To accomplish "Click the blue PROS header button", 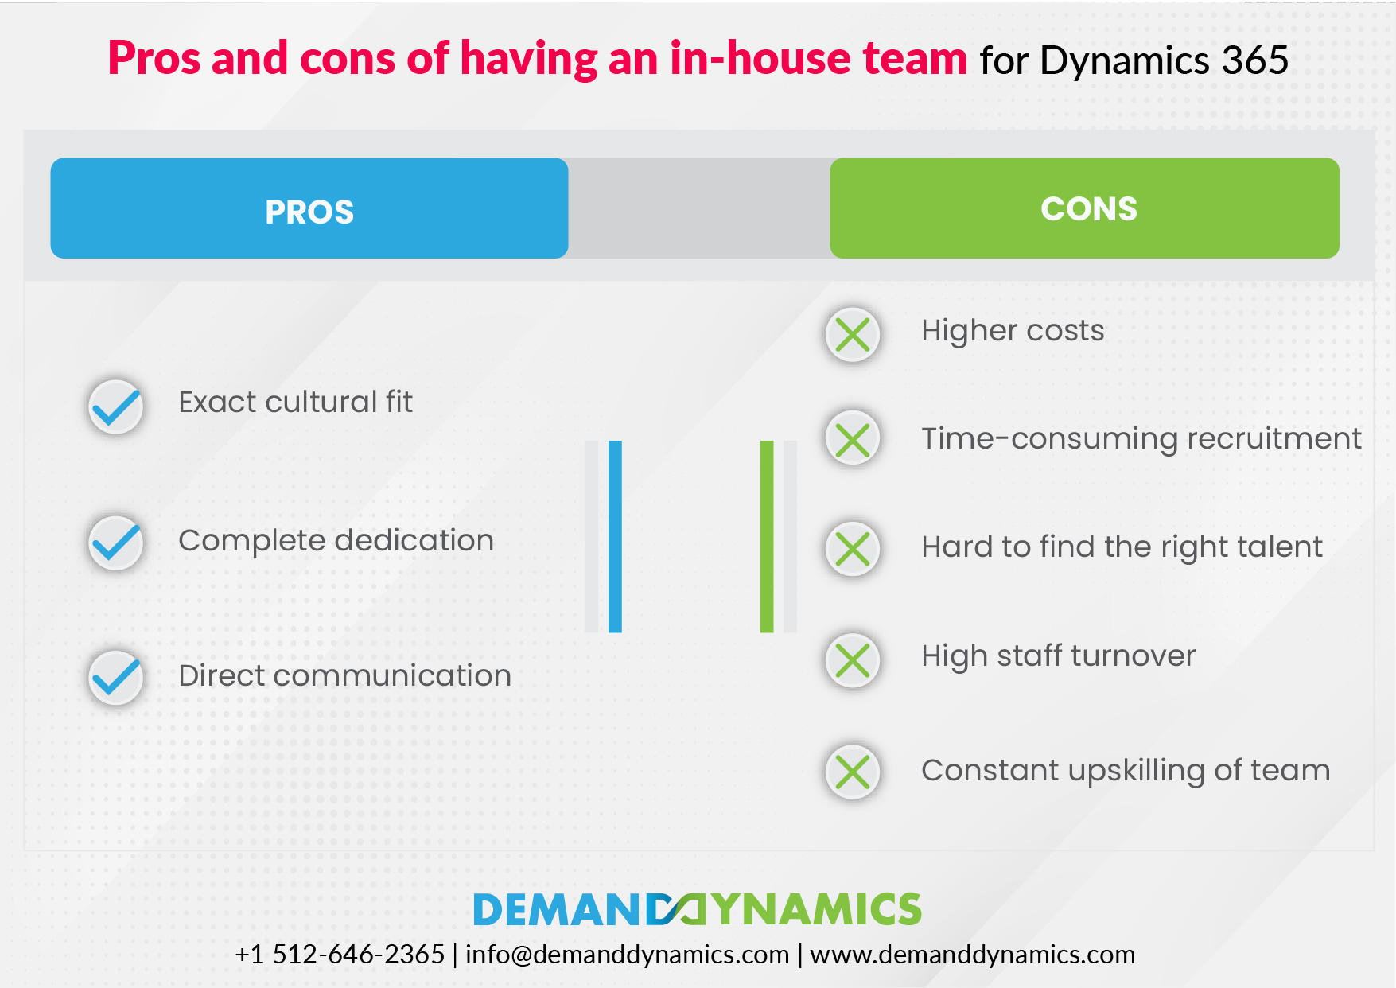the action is pyautogui.click(x=309, y=208).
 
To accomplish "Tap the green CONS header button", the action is pyautogui.click(x=1084, y=208).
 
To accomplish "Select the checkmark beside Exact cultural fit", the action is pyautogui.click(x=116, y=406).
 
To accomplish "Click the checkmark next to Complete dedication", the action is pyautogui.click(x=116, y=543).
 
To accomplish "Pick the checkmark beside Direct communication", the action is pyautogui.click(x=116, y=678).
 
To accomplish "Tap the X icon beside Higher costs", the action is pyautogui.click(x=853, y=335).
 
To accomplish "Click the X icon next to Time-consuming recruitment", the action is pyautogui.click(x=853, y=438).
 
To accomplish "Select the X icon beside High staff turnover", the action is pyautogui.click(x=853, y=660).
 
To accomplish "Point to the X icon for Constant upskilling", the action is pyautogui.click(x=853, y=772).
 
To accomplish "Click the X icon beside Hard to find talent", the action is pyautogui.click(x=853, y=549).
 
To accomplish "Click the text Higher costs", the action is pyautogui.click(x=1013, y=331).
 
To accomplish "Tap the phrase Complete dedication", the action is pyautogui.click(x=336, y=541).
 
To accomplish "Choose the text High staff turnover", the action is pyautogui.click(x=1058, y=656).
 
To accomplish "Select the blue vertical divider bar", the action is pyautogui.click(x=615, y=537).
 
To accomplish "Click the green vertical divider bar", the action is pyautogui.click(x=767, y=537).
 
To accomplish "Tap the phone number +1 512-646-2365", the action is pyautogui.click(x=340, y=954).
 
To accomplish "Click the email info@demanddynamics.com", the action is pyautogui.click(x=627, y=954).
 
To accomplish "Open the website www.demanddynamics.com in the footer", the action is pyautogui.click(x=973, y=954).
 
